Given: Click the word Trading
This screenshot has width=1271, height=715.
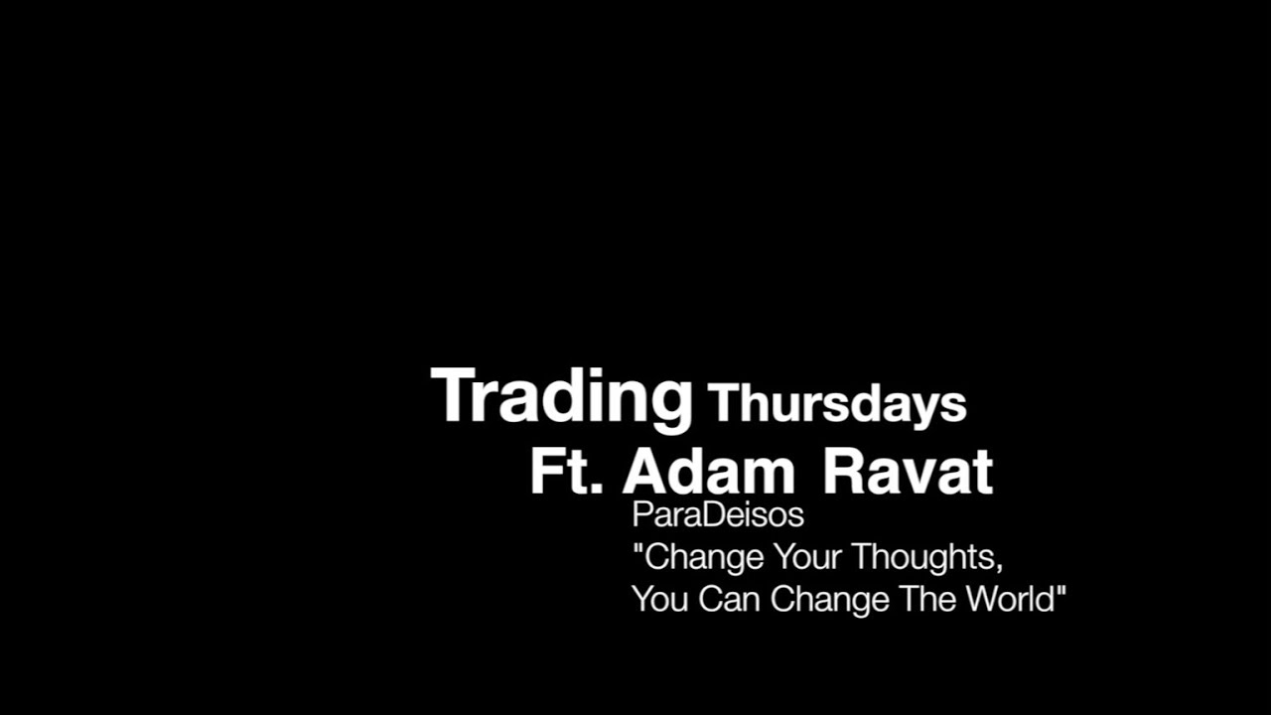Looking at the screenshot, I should [561, 397].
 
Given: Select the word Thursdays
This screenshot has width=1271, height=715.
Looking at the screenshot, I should [837, 404].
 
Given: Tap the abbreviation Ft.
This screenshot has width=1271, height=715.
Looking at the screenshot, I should [566, 472].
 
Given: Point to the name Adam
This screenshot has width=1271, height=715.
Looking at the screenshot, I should [708, 472].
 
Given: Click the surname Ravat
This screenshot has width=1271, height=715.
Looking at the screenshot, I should [908, 472].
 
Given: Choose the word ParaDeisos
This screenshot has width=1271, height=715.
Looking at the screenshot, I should [717, 516].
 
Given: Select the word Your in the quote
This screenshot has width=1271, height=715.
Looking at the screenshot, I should [807, 557].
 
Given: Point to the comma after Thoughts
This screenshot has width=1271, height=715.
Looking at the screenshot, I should [998, 567].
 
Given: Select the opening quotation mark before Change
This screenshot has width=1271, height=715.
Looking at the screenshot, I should [637, 548].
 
